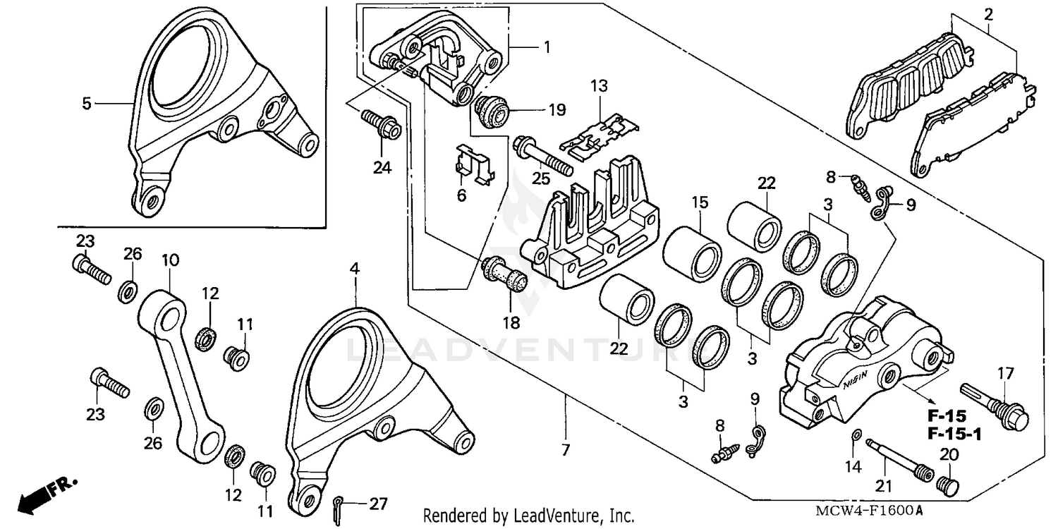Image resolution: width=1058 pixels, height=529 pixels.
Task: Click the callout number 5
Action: pos(86,104)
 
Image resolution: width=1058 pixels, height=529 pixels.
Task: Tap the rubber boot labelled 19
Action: pos(491,109)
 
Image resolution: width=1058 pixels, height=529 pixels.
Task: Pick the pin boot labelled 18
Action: pos(505,276)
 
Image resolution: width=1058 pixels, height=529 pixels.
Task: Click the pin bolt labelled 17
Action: pos(996,408)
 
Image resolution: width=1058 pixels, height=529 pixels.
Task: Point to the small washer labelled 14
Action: pos(856,434)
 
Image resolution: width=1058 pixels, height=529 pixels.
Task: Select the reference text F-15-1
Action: pos(954,433)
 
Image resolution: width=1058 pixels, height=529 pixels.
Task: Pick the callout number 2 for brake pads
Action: pos(988,13)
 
